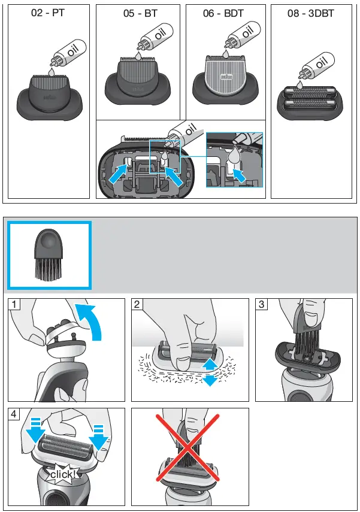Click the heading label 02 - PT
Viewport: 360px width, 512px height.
click(x=49, y=14)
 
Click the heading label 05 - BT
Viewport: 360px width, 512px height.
click(x=137, y=14)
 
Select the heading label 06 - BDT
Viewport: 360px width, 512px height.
click(x=223, y=14)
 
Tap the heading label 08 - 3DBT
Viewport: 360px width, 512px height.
click(x=310, y=14)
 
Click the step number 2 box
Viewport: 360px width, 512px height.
click(x=138, y=305)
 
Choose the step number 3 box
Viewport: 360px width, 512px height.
click(x=261, y=305)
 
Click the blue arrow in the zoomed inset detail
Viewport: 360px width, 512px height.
click(x=240, y=175)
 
